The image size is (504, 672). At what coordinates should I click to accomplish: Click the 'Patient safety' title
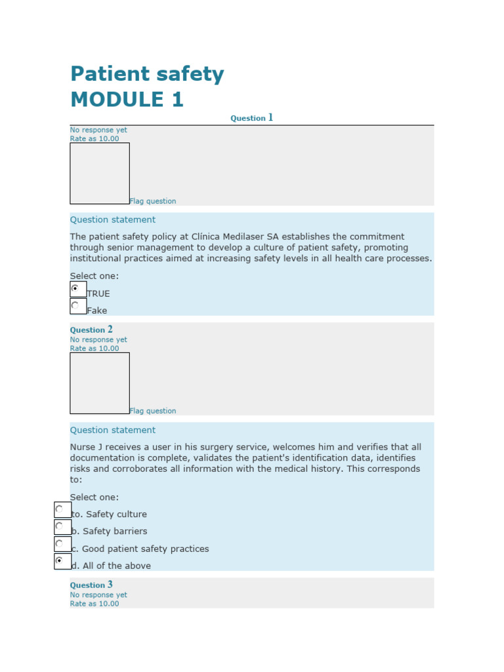(147, 75)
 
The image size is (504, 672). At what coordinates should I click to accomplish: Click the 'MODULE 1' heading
(127, 100)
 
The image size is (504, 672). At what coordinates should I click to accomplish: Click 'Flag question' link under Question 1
(153, 201)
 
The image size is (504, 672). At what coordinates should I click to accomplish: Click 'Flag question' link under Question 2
(153, 411)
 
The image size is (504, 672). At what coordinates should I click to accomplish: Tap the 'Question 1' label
(251, 118)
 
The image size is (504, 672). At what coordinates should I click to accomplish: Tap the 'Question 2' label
(91, 329)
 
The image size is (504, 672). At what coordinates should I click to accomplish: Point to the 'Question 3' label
(91, 585)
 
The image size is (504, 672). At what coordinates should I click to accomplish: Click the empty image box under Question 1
(100, 173)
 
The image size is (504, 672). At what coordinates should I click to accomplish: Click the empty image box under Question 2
(100, 383)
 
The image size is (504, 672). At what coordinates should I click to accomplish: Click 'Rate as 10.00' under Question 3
(94, 604)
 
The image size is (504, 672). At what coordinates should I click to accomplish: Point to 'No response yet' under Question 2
(98, 340)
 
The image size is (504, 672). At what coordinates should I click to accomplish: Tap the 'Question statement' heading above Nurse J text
(113, 430)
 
